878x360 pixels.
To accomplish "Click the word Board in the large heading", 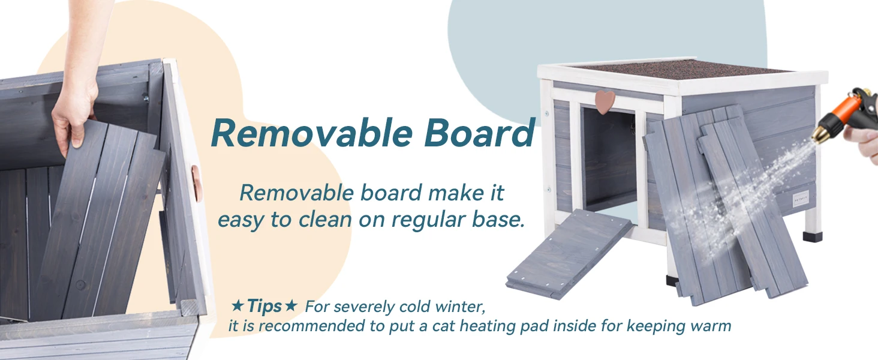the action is pyautogui.click(x=479, y=133).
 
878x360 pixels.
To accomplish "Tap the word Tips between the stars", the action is pyautogui.click(x=264, y=306).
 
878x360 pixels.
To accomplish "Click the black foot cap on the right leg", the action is pyautogui.click(x=813, y=236).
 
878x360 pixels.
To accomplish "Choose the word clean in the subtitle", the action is pyautogui.click(x=325, y=220).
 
